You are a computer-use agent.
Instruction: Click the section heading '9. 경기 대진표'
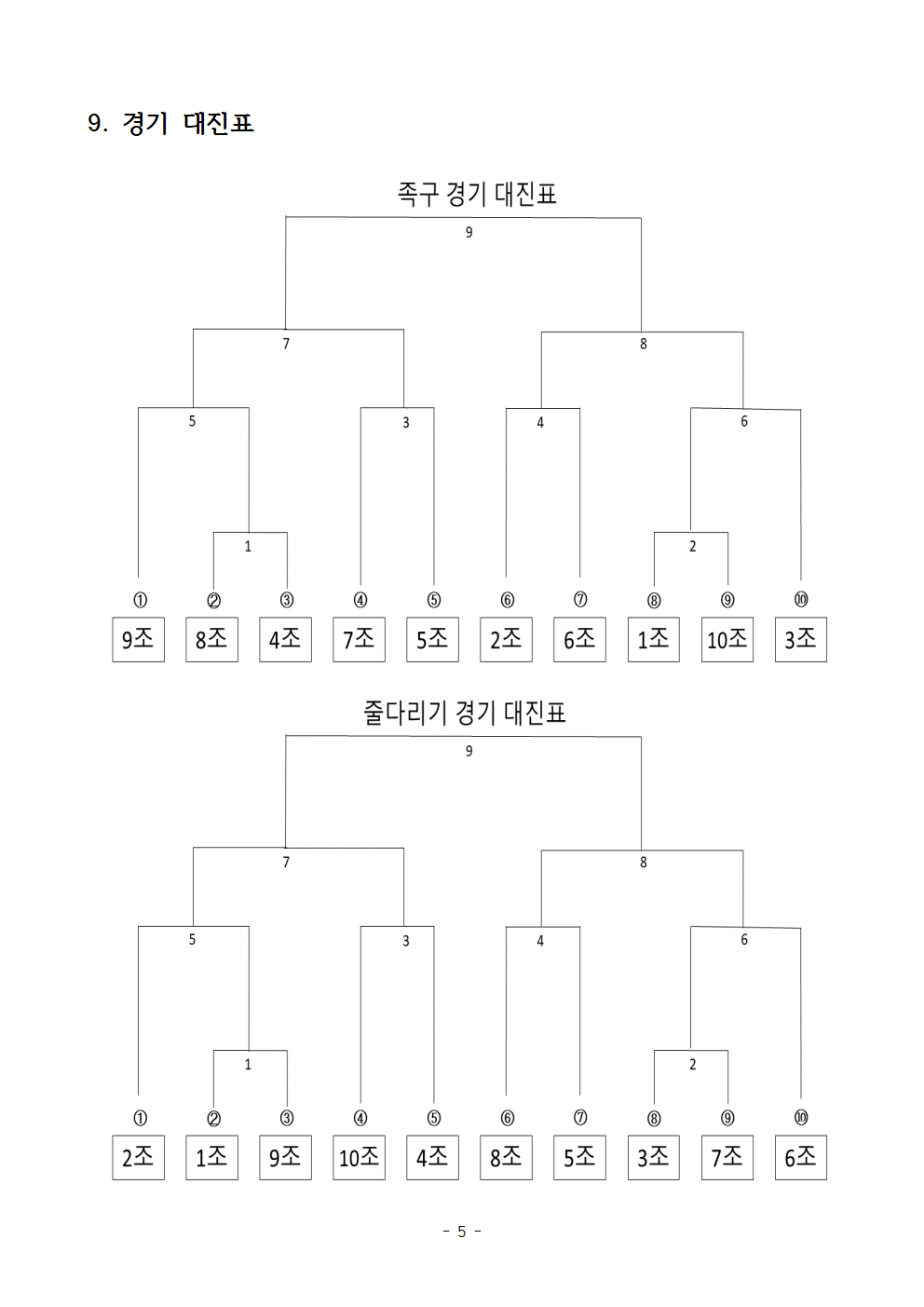point(170,123)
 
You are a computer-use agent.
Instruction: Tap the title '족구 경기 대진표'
point(477,194)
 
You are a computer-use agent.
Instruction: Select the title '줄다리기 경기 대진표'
point(465,713)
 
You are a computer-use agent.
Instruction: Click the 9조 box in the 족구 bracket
point(138,639)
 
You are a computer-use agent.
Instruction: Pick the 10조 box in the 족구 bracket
point(727,639)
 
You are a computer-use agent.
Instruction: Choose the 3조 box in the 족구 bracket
point(801,639)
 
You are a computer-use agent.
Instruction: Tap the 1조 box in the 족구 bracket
point(653,639)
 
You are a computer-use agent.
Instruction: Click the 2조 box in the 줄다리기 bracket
point(138,1158)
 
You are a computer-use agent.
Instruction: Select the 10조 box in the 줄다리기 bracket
point(359,1158)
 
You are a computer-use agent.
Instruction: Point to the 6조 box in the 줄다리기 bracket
point(801,1158)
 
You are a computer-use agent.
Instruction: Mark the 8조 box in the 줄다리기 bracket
point(507,1158)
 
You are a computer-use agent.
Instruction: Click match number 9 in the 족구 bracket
point(469,232)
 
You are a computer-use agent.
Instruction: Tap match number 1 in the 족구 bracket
point(248,546)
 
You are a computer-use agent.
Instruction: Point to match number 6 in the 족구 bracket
point(744,421)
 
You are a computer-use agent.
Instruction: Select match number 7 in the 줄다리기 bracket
point(286,862)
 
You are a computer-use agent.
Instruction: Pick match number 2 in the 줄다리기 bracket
point(692,1064)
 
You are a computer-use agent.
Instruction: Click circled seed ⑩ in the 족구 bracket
point(801,599)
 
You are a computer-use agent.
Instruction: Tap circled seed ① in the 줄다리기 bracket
point(140,1118)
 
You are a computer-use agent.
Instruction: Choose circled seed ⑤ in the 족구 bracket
point(434,600)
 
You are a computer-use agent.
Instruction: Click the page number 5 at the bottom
point(462,1232)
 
